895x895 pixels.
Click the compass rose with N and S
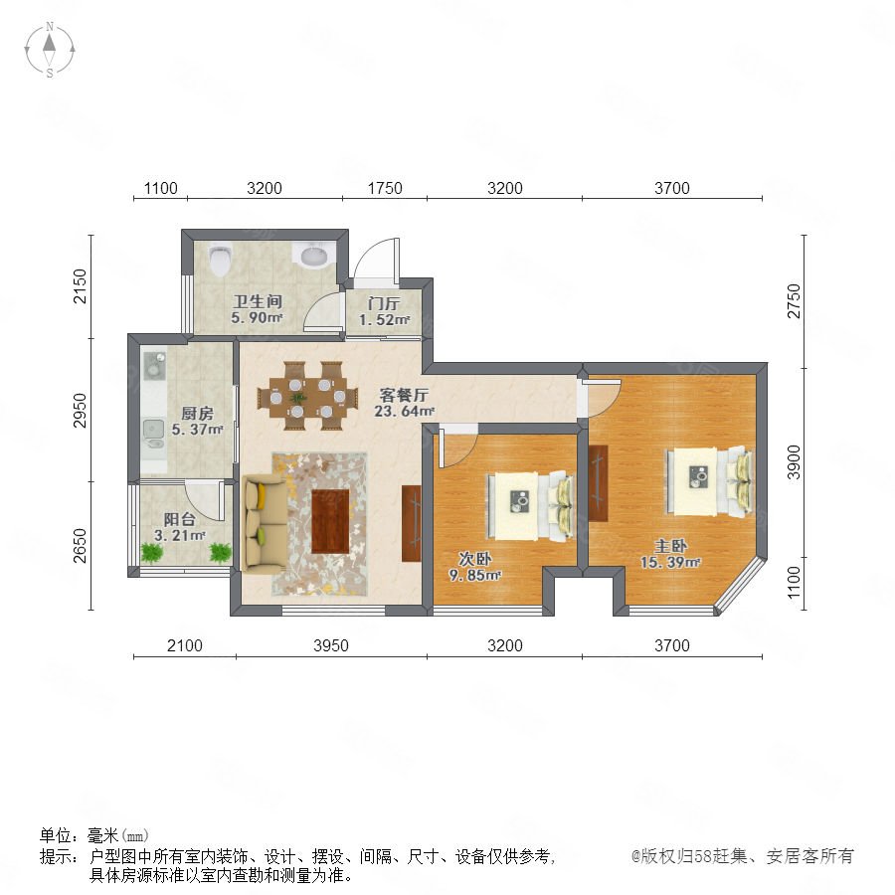(x=50, y=50)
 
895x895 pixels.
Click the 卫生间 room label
(x=258, y=301)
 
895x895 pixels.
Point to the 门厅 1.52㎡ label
(x=384, y=311)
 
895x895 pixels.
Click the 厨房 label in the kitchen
(x=198, y=413)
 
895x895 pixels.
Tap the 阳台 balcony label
(x=180, y=519)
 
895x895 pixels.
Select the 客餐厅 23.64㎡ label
(x=404, y=403)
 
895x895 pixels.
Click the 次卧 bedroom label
(x=475, y=559)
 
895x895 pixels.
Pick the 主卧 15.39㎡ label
(x=670, y=554)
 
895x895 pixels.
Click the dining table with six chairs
(x=307, y=396)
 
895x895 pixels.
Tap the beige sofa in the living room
(x=265, y=525)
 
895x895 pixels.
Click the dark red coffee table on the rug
(x=330, y=522)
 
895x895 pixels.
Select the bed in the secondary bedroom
(x=530, y=506)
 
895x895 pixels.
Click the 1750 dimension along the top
(x=385, y=188)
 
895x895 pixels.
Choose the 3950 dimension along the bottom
(x=331, y=645)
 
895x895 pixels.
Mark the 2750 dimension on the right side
(x=794, y=300)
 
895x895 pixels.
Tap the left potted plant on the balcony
(x=152, y=552)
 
